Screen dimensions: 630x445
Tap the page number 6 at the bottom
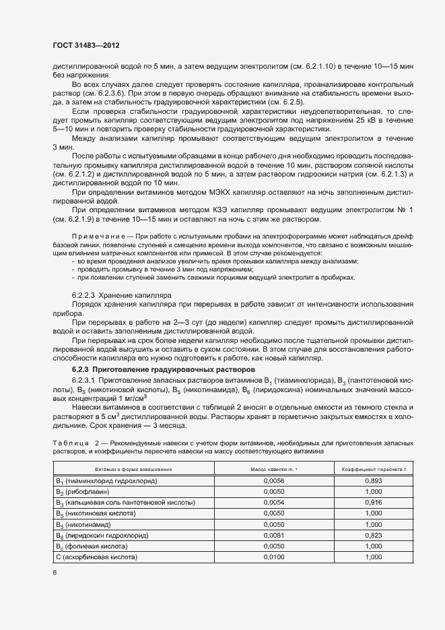pos(55,573)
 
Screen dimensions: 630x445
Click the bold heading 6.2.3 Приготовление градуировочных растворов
pos(164,370)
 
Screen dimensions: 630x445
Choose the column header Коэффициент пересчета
pos(372,469)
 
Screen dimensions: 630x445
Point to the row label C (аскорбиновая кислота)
pos(96,557)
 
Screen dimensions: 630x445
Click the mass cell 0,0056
pos(269,481)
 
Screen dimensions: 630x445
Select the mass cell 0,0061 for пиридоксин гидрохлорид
pos(269,535)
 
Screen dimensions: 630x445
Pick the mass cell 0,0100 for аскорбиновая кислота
pos(269,557)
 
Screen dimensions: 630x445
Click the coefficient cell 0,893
pos(373,481)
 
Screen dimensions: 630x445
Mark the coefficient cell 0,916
pos(373,503)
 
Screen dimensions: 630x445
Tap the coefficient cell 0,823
pos(373,535)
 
